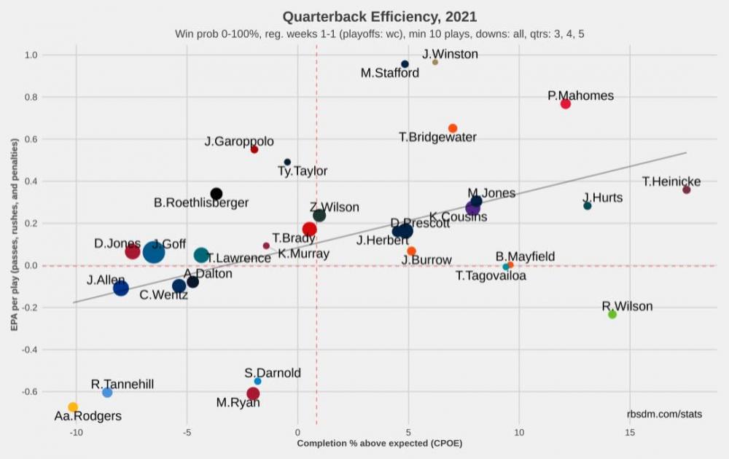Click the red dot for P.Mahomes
click(x=566, y=103)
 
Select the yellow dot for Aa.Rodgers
click(x=73, y=407)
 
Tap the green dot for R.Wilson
click(x=612, y=314)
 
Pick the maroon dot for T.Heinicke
click(x=686, y=189)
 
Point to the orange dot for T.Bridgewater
click(x=453, y=128)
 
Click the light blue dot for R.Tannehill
click(x=107, y=392)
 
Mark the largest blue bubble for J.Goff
click(x=154, y=252)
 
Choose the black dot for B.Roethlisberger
click(x=217, y=194)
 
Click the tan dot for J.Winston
click(x=435, y=62)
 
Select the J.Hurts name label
click(x=603, y=197)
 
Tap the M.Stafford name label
click(x=390, y=73)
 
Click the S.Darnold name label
click(x=273, y=373)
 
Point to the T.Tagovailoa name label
click(x=491, y=276)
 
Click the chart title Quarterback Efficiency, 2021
click(x=379, y=16)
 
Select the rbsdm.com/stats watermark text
click(x=664, y=415)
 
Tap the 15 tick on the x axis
click(x=630, y=433)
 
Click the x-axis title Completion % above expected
click(x=379, y=443)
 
